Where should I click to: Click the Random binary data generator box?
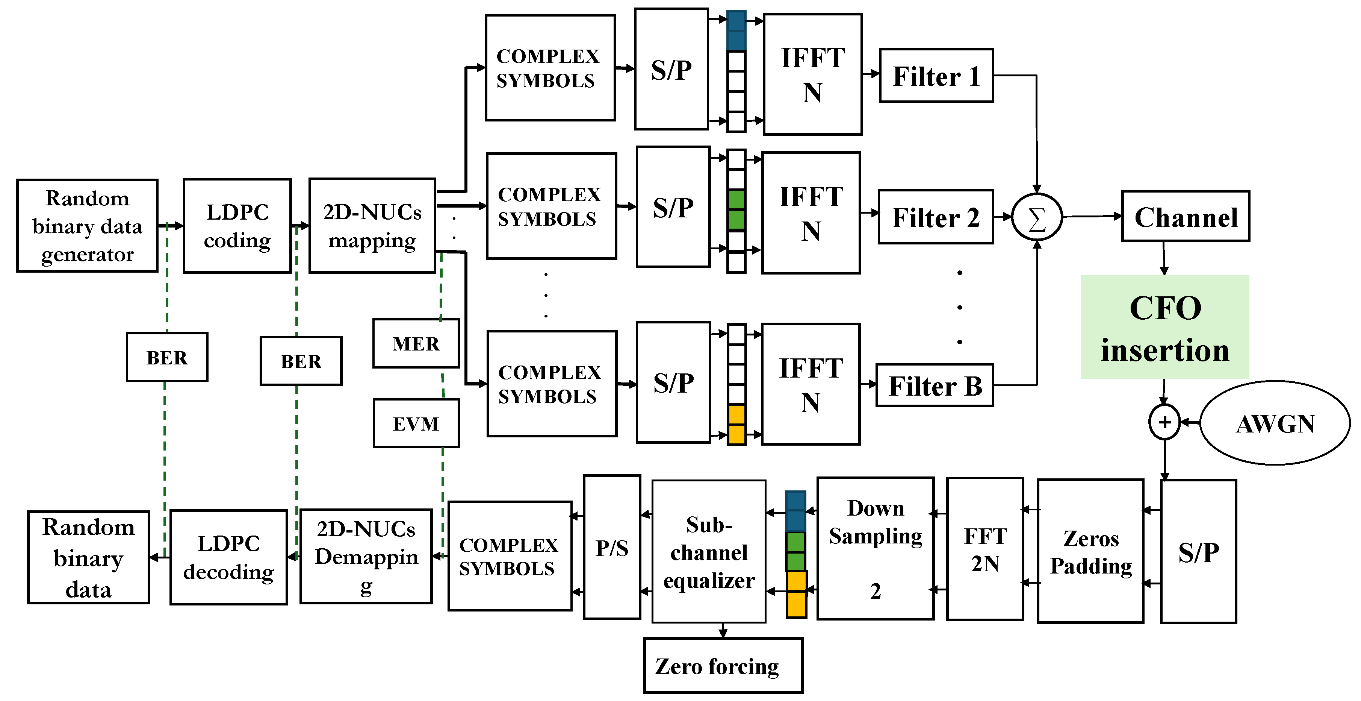point(87,226)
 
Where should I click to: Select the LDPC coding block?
point(237,226)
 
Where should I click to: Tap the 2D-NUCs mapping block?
point(372,226)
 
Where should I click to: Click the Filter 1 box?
point(936,76)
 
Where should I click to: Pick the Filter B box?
point(935,385)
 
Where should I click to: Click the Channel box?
point(1186,217)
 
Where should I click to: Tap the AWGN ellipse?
point(1275,423)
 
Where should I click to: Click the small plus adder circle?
point(1164,422)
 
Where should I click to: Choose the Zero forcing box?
point(723,666)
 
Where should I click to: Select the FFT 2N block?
point(985,549)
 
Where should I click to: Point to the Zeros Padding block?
point(1090,551)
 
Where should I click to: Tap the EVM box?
point(416,423)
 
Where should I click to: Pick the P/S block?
point(612,548)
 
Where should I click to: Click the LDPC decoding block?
point(228,557)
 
